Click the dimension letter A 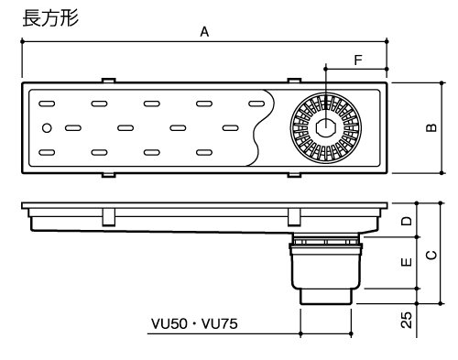pos(204,32)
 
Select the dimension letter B pos(431,127)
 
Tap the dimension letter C pos(431,255)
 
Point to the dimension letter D pos(407,221)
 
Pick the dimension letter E pos(407,262)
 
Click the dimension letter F pos(358,60)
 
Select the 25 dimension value pos(407,320)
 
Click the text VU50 pos(169,324)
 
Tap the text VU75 pos(220,324)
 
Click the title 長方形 pos(50,18)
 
